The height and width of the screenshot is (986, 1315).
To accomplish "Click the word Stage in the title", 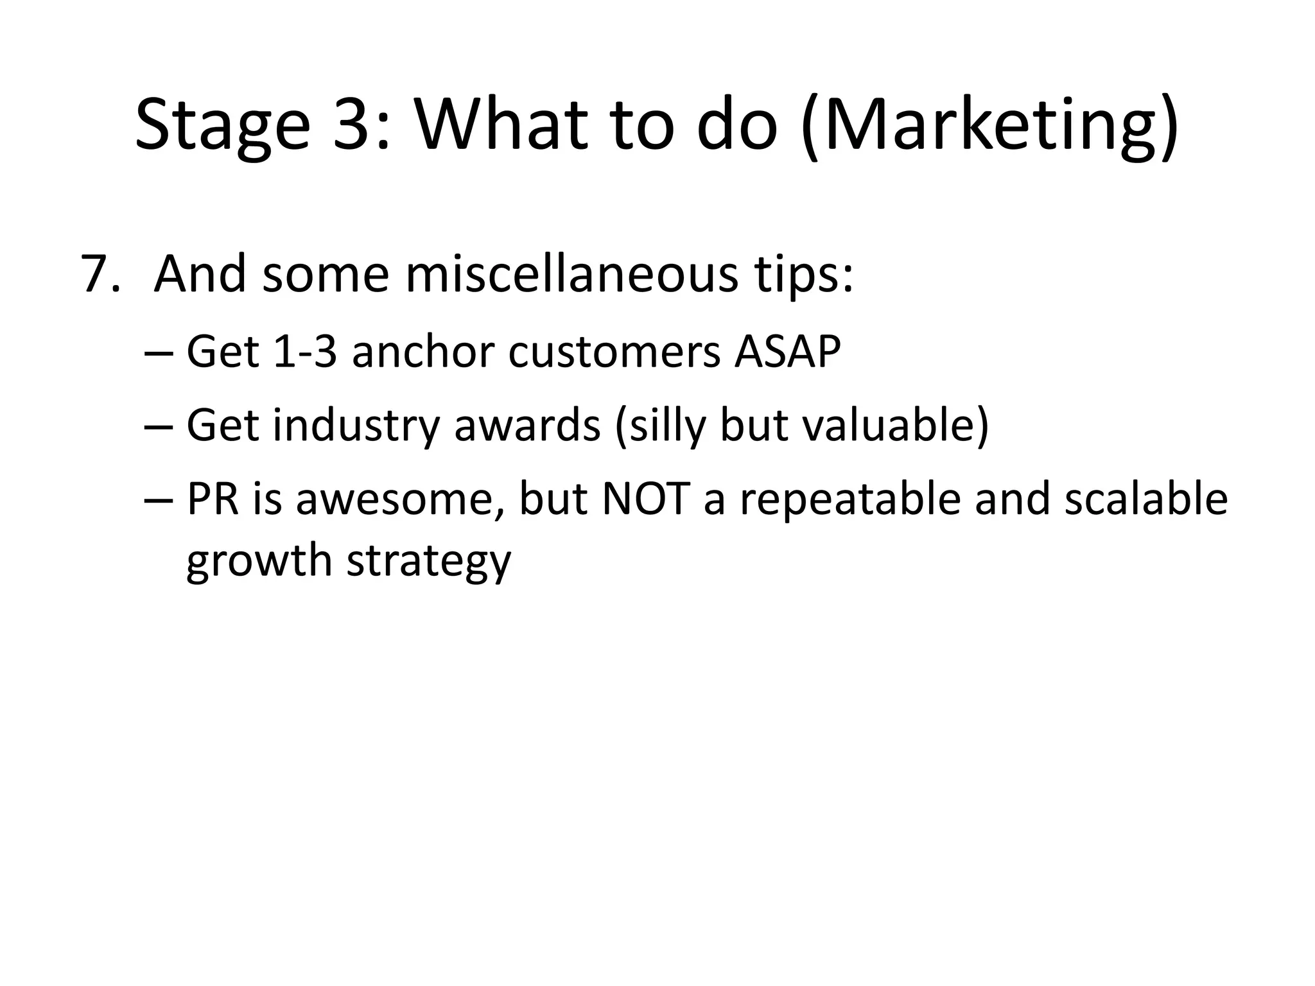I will tap(222, 125).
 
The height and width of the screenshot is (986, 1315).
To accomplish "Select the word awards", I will tap(527, 425).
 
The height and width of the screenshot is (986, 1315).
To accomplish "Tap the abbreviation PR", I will tap(213, 499).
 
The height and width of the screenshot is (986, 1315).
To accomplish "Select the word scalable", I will tap(1145, 499).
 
